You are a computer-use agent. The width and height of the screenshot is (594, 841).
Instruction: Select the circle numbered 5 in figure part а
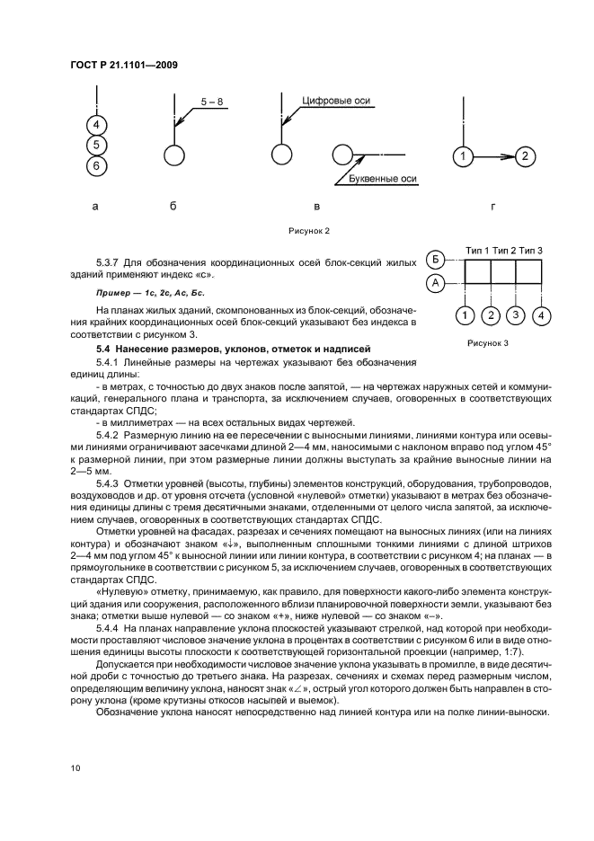97,146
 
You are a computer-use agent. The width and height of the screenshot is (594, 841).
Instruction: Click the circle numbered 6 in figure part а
97,166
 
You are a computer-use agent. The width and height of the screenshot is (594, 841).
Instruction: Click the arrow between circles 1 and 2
494,157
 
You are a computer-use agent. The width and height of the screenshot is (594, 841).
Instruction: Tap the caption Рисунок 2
308,231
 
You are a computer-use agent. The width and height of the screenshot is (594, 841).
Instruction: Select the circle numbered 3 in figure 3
515,315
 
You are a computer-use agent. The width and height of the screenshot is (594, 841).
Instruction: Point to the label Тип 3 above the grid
529,250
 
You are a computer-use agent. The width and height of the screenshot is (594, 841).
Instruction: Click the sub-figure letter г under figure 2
492,207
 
